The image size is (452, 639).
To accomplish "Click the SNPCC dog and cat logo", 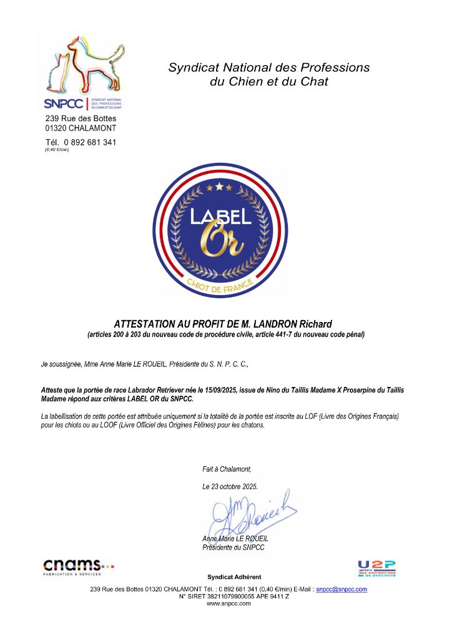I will point(84,69).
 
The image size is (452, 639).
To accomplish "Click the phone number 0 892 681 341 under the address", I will point(90,142).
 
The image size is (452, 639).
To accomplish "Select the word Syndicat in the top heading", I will point(192,67).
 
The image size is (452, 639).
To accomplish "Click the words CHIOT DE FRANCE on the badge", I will point(220,286).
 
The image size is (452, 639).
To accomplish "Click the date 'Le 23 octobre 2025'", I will point(230,486).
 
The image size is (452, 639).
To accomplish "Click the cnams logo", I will point(78,567).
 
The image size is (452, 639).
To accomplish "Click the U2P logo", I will point(376,568).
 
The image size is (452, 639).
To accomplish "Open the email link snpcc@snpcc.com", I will point(341,589).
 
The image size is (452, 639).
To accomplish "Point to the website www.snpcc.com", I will point(228,603).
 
